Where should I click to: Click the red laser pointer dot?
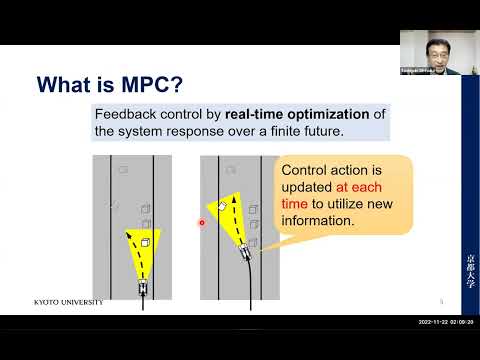point(202,223)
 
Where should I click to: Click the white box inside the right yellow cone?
point(223,206)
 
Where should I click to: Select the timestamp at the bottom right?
point(446,323)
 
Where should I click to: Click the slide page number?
point(442,300)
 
